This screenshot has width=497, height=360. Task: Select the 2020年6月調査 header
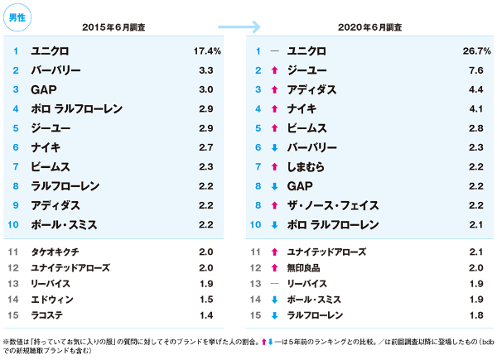pyautogui.click(x=369, y=27)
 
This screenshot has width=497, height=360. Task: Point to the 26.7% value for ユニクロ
pyautogui.click(x=476, y=51)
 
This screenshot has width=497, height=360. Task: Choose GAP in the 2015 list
pyautogui.click(x=43, y=89)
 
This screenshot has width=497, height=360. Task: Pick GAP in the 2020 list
pyautogui.click(x=299, y=186)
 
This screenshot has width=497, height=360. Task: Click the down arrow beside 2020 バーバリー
pyautogui.click(x=273, y=148)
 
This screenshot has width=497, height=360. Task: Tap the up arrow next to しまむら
pyautogui.click(x=273, y=167)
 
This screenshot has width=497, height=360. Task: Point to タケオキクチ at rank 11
pyautogui.click(x=56, y=251)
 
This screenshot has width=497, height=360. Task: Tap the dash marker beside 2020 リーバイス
pyautogui.click(x=273, y=282)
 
